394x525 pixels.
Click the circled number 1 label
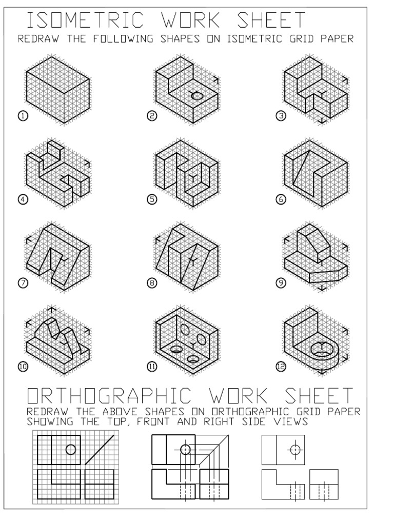click(x=23, y=116)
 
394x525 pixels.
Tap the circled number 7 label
click(x=23, y=282)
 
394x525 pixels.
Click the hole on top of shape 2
click(x=197, y=95)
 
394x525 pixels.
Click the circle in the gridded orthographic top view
click(x=71, y=450)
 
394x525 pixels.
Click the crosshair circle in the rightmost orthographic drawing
click(x=294, y=450)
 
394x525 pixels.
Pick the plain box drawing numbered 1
click(x=58, y=90)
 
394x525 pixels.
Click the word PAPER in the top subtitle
click(x=339, y=39)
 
